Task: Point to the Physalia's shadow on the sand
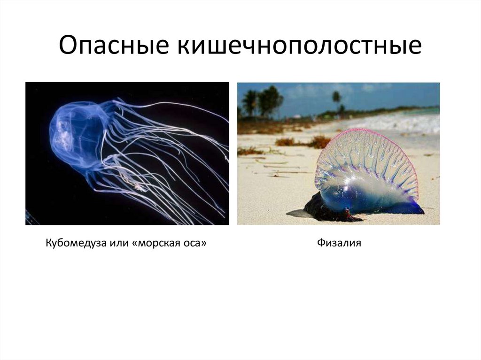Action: tap(298, 214)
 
